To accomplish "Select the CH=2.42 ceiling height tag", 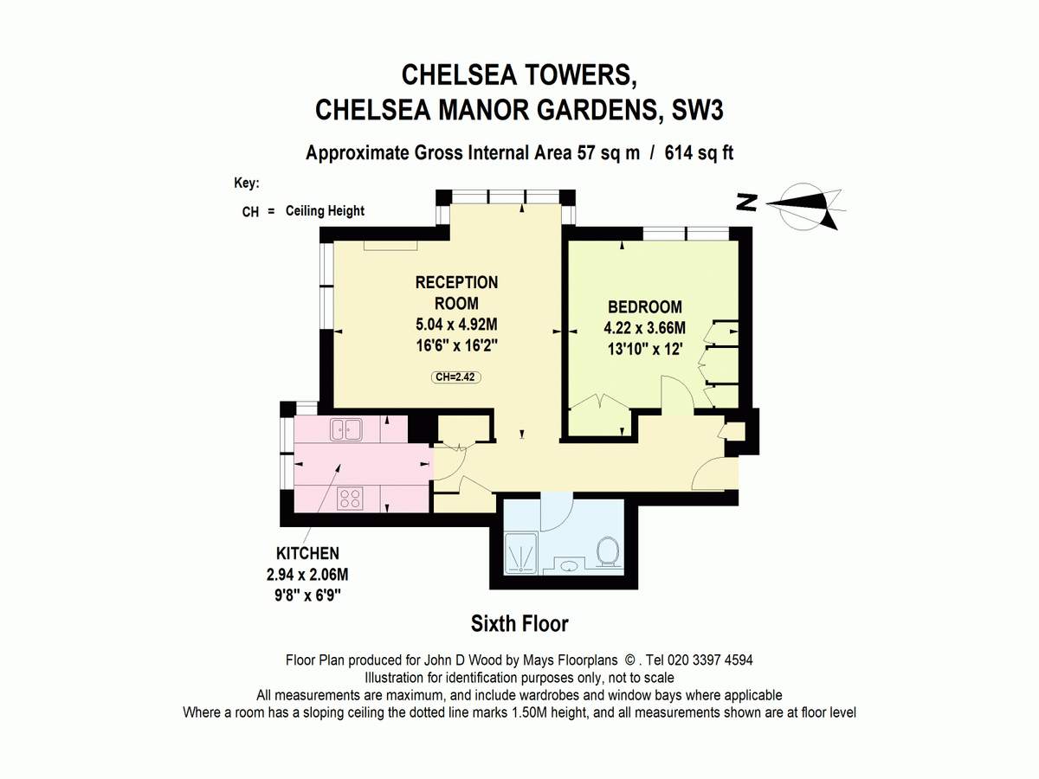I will (456, 377).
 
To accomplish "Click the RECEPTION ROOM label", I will (456, 293).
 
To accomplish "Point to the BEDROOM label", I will (644, 306).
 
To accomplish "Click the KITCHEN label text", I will (307, 553).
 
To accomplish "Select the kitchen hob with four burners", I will (351, 498).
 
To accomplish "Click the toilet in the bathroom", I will (607, 551).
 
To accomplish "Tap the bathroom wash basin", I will (569, 567).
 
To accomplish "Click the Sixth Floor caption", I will (519, 623).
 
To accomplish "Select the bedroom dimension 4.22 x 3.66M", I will (644, 328).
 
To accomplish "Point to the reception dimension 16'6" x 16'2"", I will (456, 344).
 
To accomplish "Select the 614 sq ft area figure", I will (699, 153).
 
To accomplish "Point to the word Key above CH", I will (246, 183).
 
